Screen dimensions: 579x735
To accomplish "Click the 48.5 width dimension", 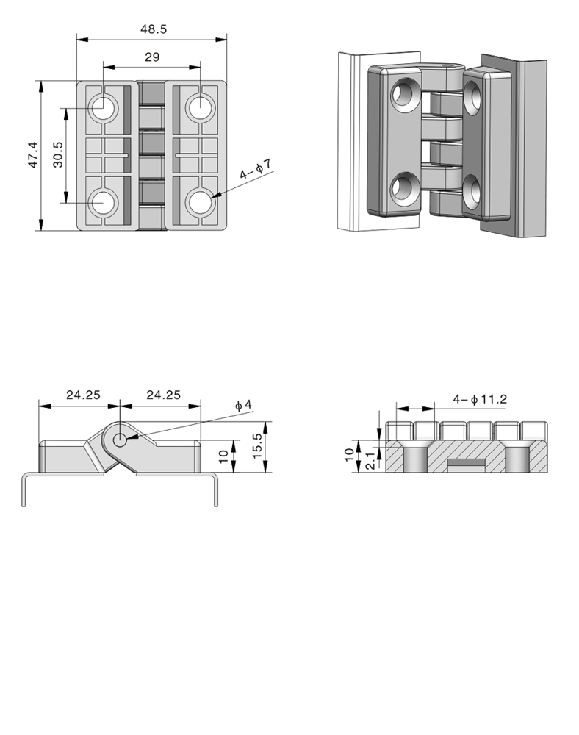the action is tap(154, 29).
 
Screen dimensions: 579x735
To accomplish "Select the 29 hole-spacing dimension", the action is tap(152, 57).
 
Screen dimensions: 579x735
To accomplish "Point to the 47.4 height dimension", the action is tap(33, 154).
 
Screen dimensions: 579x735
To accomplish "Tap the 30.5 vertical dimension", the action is tap(57, 154).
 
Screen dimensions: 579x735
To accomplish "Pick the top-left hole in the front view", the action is tap(103, 107).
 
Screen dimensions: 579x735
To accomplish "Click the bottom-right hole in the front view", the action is tap(200, 203).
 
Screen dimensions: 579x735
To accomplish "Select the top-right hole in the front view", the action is tap(200, 107).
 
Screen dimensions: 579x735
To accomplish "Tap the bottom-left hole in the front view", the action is tap(103, 203).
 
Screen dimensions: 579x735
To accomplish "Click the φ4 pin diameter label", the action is tap(243, 405).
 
